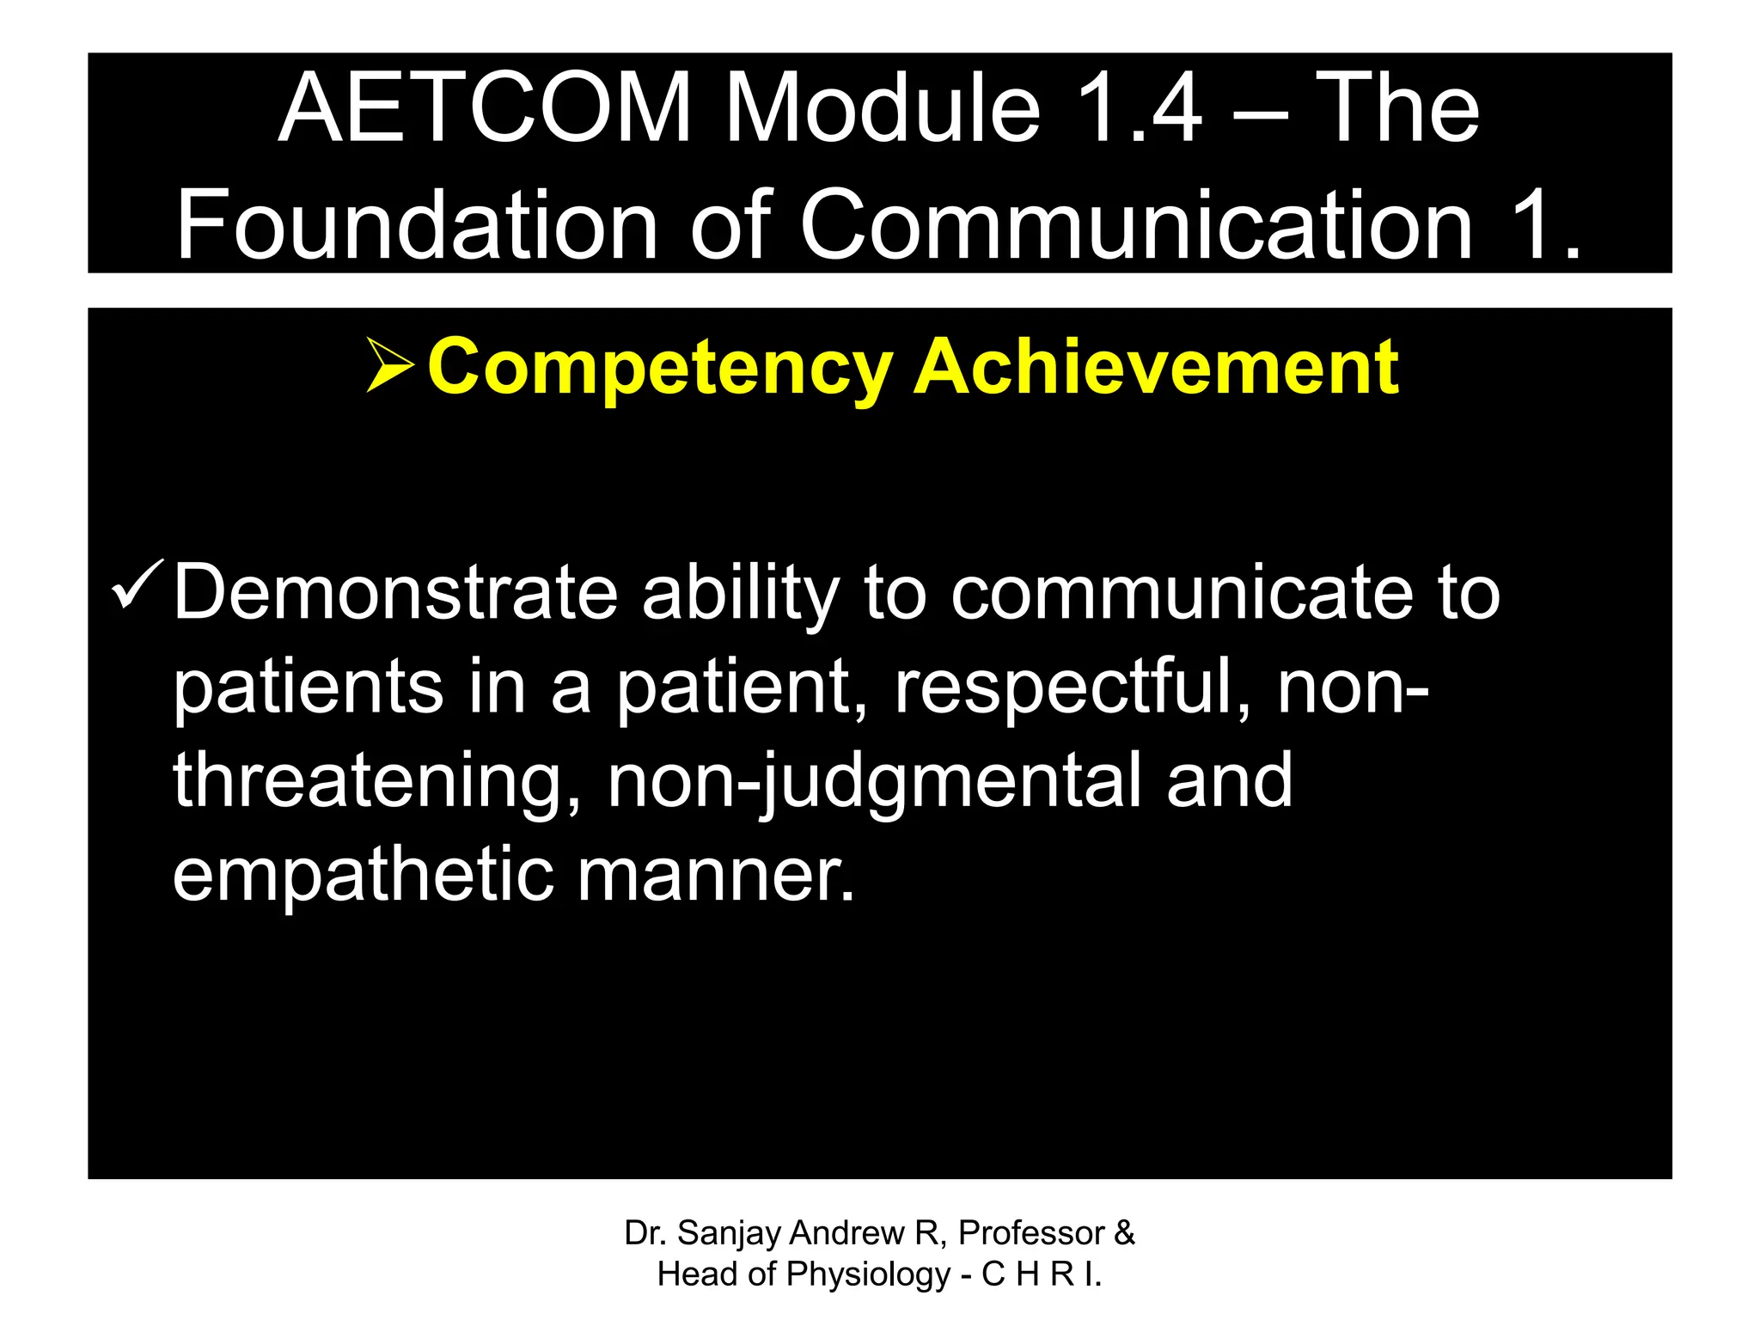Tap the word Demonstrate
click(x=395, y=592)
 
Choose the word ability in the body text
click(x=740, y=592)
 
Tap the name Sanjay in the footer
click(x=730, y=1234)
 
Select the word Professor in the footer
click(x=1031, y=1232)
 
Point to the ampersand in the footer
click(x=1124, y=1232)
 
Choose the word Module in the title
click(x=882, y=109)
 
